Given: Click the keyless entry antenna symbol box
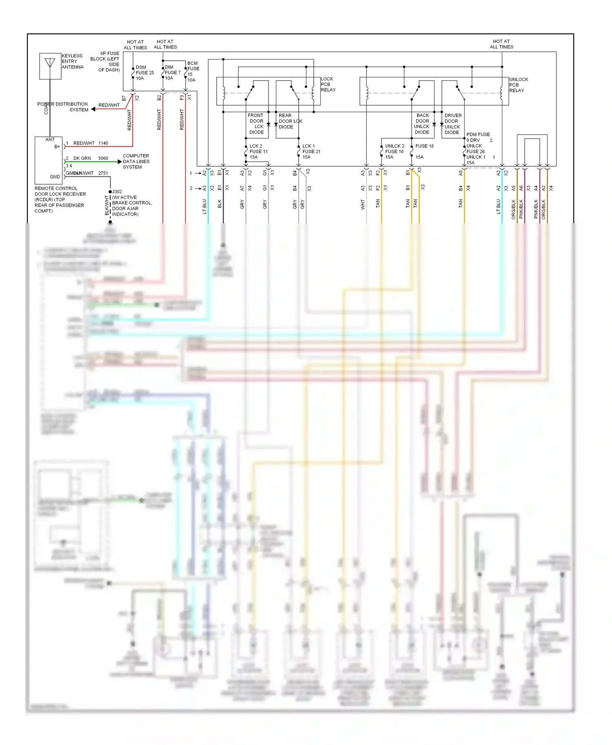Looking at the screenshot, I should (50, 66).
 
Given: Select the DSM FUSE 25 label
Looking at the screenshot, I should (144, 73).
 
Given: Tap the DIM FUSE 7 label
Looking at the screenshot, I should (172, 73).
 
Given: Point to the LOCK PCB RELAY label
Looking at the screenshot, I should (328, 84).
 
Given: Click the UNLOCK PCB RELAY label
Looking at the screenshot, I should (518, 85).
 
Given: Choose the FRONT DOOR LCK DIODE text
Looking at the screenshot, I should (256, 123).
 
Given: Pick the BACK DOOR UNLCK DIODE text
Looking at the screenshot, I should (422, 124).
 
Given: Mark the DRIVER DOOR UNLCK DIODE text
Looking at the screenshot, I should (452, 124).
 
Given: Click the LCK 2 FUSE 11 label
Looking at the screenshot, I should (258, 151).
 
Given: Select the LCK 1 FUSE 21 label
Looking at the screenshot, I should (311, 151).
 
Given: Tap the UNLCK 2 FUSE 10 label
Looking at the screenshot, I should (395, 151).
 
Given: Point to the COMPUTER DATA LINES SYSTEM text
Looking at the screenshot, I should (136, 161).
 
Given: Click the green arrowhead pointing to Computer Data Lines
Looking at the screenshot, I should (120, 162).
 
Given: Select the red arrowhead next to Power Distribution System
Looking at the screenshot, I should (93, 109).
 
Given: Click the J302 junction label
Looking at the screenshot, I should (117, 192).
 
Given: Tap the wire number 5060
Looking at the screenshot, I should (103, 158).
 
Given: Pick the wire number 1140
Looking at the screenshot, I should (103, 143).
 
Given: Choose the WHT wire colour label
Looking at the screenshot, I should (363, 204).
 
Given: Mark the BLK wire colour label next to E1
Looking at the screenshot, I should (220, 204).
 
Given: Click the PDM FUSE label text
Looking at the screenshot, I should (478, 134).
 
